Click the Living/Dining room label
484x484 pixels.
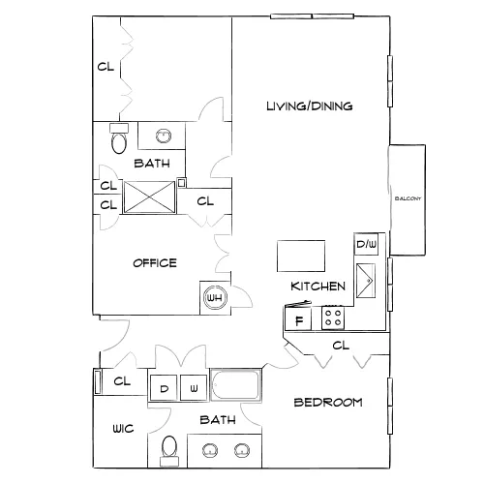pos(310,106)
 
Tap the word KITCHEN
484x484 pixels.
pos(318,287)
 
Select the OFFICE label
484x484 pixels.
pos(155,263)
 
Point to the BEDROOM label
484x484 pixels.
pos(328,403)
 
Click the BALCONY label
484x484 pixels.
pos(408,198)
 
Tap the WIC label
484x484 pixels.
pos(123,429)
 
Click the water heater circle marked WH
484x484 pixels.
pos(215,297)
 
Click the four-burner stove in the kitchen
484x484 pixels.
pos(333,318)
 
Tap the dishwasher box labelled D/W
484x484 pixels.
pos(366,244)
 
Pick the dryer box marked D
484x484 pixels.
pos(164,388)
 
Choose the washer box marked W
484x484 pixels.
pos(194,388)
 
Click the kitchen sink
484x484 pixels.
pos(366,281)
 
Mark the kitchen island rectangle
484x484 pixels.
pos(301,256)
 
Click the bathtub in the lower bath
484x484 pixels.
pos(236,385)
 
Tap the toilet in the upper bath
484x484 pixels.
pos(119,138)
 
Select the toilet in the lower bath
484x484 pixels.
pos(169,451)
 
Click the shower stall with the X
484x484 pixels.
pos(149,197)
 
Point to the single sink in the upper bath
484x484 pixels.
pos(164,136)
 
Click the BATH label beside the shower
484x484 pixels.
pos(152,164)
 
